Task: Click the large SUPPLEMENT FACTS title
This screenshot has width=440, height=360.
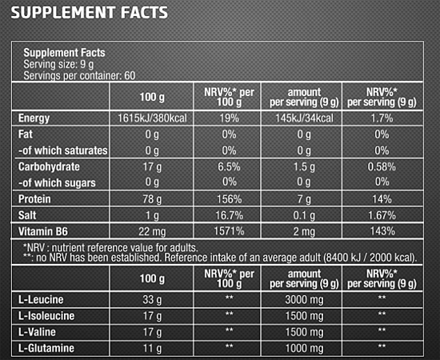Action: pyautogui.click(x=90, y=13)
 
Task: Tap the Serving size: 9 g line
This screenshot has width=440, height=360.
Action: pyautogui.click(x=58, y=64)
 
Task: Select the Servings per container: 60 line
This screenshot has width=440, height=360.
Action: pyautogui.click(x=79, y=75)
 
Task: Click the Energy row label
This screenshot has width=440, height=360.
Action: pyautogui.click(x=34, y=118)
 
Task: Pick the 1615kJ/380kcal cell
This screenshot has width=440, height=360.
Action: pyautogui.click(x=152, y=118)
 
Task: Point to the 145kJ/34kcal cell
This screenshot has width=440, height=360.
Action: pyautogui.click(x=304, y=118)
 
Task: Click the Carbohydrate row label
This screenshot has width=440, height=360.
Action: pyautogui.click(x=49, y=166)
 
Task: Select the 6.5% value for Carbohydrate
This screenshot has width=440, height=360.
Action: pyautogui.click(x=229, y=166)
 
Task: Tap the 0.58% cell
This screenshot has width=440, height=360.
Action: pyautogui.click(x=382, y=166)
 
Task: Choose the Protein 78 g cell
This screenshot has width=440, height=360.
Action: pyautogui.click(x=152, y=199)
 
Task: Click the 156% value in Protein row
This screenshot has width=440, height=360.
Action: pyautogui.click(x=229, y=199)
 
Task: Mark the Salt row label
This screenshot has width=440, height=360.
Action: pyautogui.click(x=27, y=215)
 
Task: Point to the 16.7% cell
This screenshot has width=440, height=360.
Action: pyautogui.click(x=229, y=215)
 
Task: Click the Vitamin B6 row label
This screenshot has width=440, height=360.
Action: pyautogui.click(x=43, y=231)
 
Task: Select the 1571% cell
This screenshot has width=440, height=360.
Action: pyautogui.click(x=229, y=231)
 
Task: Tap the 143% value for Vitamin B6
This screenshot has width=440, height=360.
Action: pyautogui.click(x=382, y=231)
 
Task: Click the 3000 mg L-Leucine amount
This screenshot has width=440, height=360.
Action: pyautogui.click(x=304, y=300)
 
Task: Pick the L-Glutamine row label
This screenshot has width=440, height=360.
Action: pyautogui.click(x=46, y=348)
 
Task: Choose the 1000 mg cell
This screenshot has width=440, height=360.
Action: pyautogui.click(x=304, y=349)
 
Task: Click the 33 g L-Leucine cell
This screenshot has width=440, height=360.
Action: pyautogui.click(x=152, y=300)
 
